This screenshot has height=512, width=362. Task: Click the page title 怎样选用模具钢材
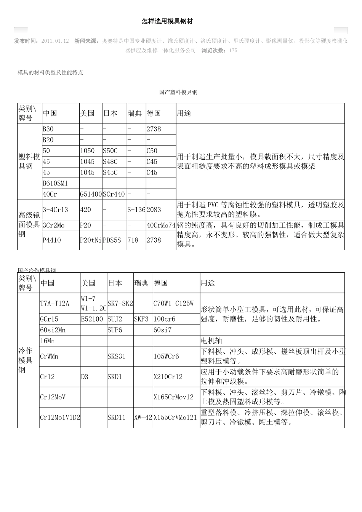[167, 22]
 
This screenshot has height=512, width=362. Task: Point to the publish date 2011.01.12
[55, 41]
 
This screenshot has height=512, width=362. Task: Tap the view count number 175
[233, 50]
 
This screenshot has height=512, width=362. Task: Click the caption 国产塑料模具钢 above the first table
[178, 92]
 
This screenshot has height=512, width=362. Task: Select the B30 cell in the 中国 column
[48, 129]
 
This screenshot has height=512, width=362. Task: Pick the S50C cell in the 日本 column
[110, 151]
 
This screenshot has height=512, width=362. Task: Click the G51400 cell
[91, 194]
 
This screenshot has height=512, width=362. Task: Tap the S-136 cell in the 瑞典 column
[136, 210]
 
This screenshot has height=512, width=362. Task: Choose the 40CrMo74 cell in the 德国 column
[161, 225]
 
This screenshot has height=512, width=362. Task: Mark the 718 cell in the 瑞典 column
[133, 240]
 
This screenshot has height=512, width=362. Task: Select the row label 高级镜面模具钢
[29, 225]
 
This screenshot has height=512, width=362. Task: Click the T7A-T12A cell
[55, 303]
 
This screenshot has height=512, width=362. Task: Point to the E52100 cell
[92, 319]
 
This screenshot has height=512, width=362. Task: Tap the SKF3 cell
[141, 319]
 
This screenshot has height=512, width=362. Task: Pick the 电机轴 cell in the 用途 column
[211, 341]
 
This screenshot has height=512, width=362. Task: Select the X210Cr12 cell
[168, 377]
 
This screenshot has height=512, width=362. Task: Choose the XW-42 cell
[143, 417]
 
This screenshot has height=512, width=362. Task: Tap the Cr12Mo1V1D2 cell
[60, 417]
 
